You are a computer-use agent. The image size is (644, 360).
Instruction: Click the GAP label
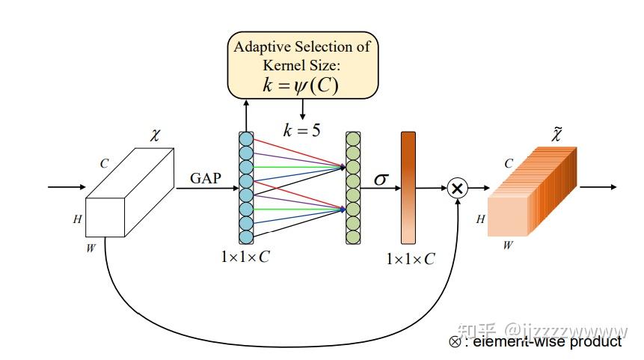coord(206,178)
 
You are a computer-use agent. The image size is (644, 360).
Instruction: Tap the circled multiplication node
coord(457,188)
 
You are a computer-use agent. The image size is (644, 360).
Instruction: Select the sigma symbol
coord(381,179)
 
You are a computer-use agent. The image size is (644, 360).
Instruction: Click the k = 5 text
coord(302,130)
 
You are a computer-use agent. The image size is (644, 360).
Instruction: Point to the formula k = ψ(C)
coord(301,85)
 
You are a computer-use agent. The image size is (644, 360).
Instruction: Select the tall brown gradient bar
coord(408,188)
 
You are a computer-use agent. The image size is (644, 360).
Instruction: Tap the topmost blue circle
coord(246,139)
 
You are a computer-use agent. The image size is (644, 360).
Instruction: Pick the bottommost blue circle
coord(246,237)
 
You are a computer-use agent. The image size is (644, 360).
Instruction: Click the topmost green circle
coord(353,139)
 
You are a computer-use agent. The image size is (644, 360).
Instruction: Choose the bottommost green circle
coord(353,237)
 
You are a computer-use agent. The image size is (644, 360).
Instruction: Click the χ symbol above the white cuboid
coord(155,135)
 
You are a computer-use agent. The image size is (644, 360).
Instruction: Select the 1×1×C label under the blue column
coord(245,257)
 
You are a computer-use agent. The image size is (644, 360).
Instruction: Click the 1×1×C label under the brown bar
coord(411,259)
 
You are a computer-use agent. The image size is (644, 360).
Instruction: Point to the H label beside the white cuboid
coord(78,219)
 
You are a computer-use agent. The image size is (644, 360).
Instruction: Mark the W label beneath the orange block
coord(508,245)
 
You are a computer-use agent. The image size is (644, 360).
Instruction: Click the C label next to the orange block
coord(509,164)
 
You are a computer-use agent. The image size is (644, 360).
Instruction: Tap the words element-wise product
coord(547,341)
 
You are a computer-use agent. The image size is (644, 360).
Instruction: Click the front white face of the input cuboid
coord(105,217)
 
